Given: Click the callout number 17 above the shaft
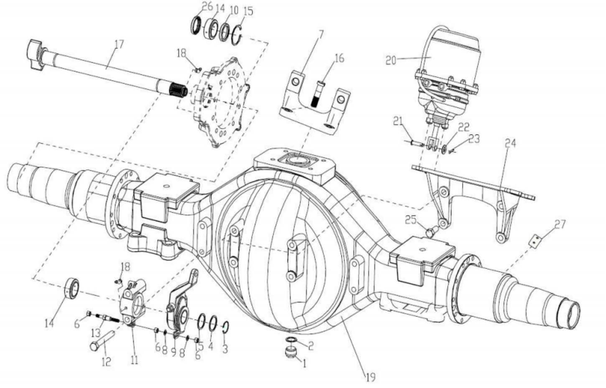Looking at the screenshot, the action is tap(119, 44).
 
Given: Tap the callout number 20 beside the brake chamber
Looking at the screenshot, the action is tap(391, 60).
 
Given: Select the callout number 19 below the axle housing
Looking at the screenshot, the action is tap(370, 377).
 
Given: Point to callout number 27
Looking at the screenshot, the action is tap(560, 224).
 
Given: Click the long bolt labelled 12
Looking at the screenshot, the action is tap(102, 341).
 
